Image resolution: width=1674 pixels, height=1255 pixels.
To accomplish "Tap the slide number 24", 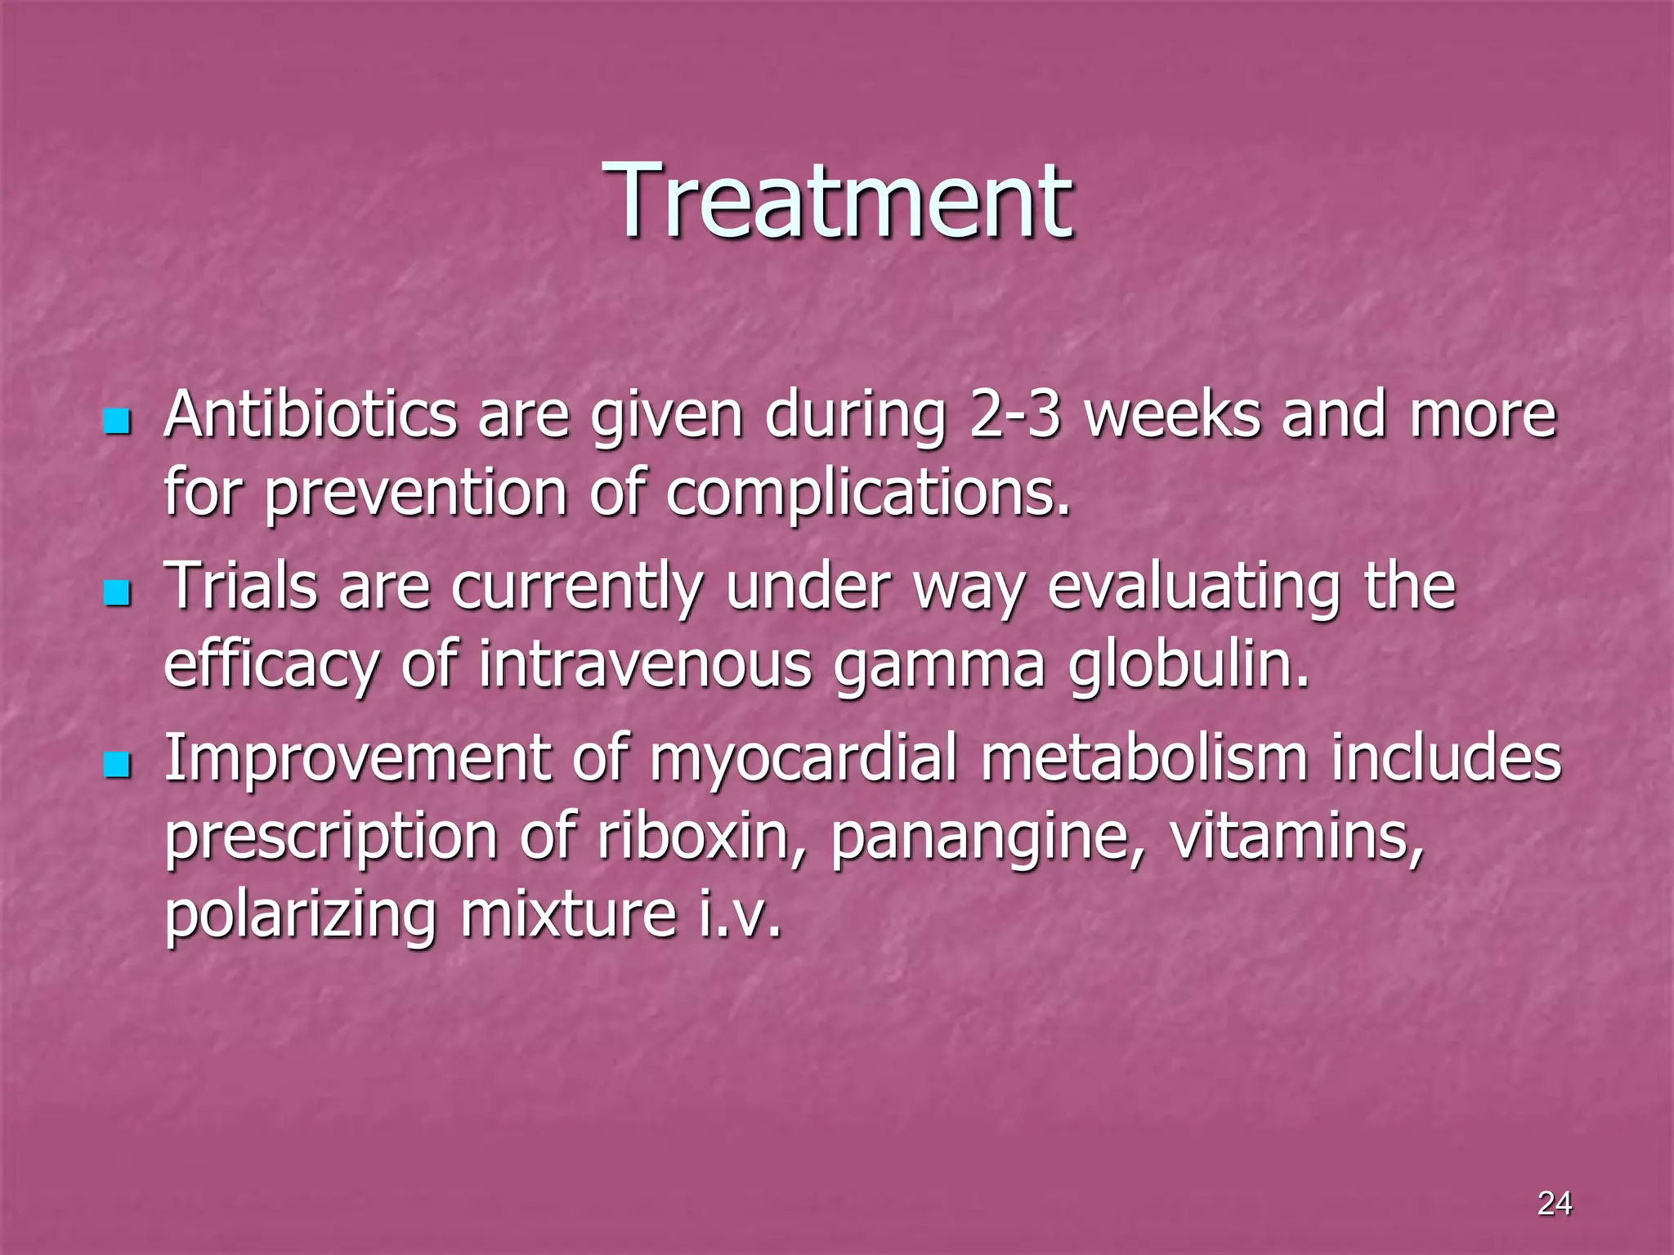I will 1554,1204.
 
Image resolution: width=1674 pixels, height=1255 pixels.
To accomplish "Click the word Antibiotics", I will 310,414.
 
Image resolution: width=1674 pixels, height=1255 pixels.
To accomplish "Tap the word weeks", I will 1172,414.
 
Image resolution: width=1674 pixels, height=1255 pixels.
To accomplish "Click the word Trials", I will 241,586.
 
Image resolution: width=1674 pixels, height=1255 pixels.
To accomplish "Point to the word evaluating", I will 1194,586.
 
